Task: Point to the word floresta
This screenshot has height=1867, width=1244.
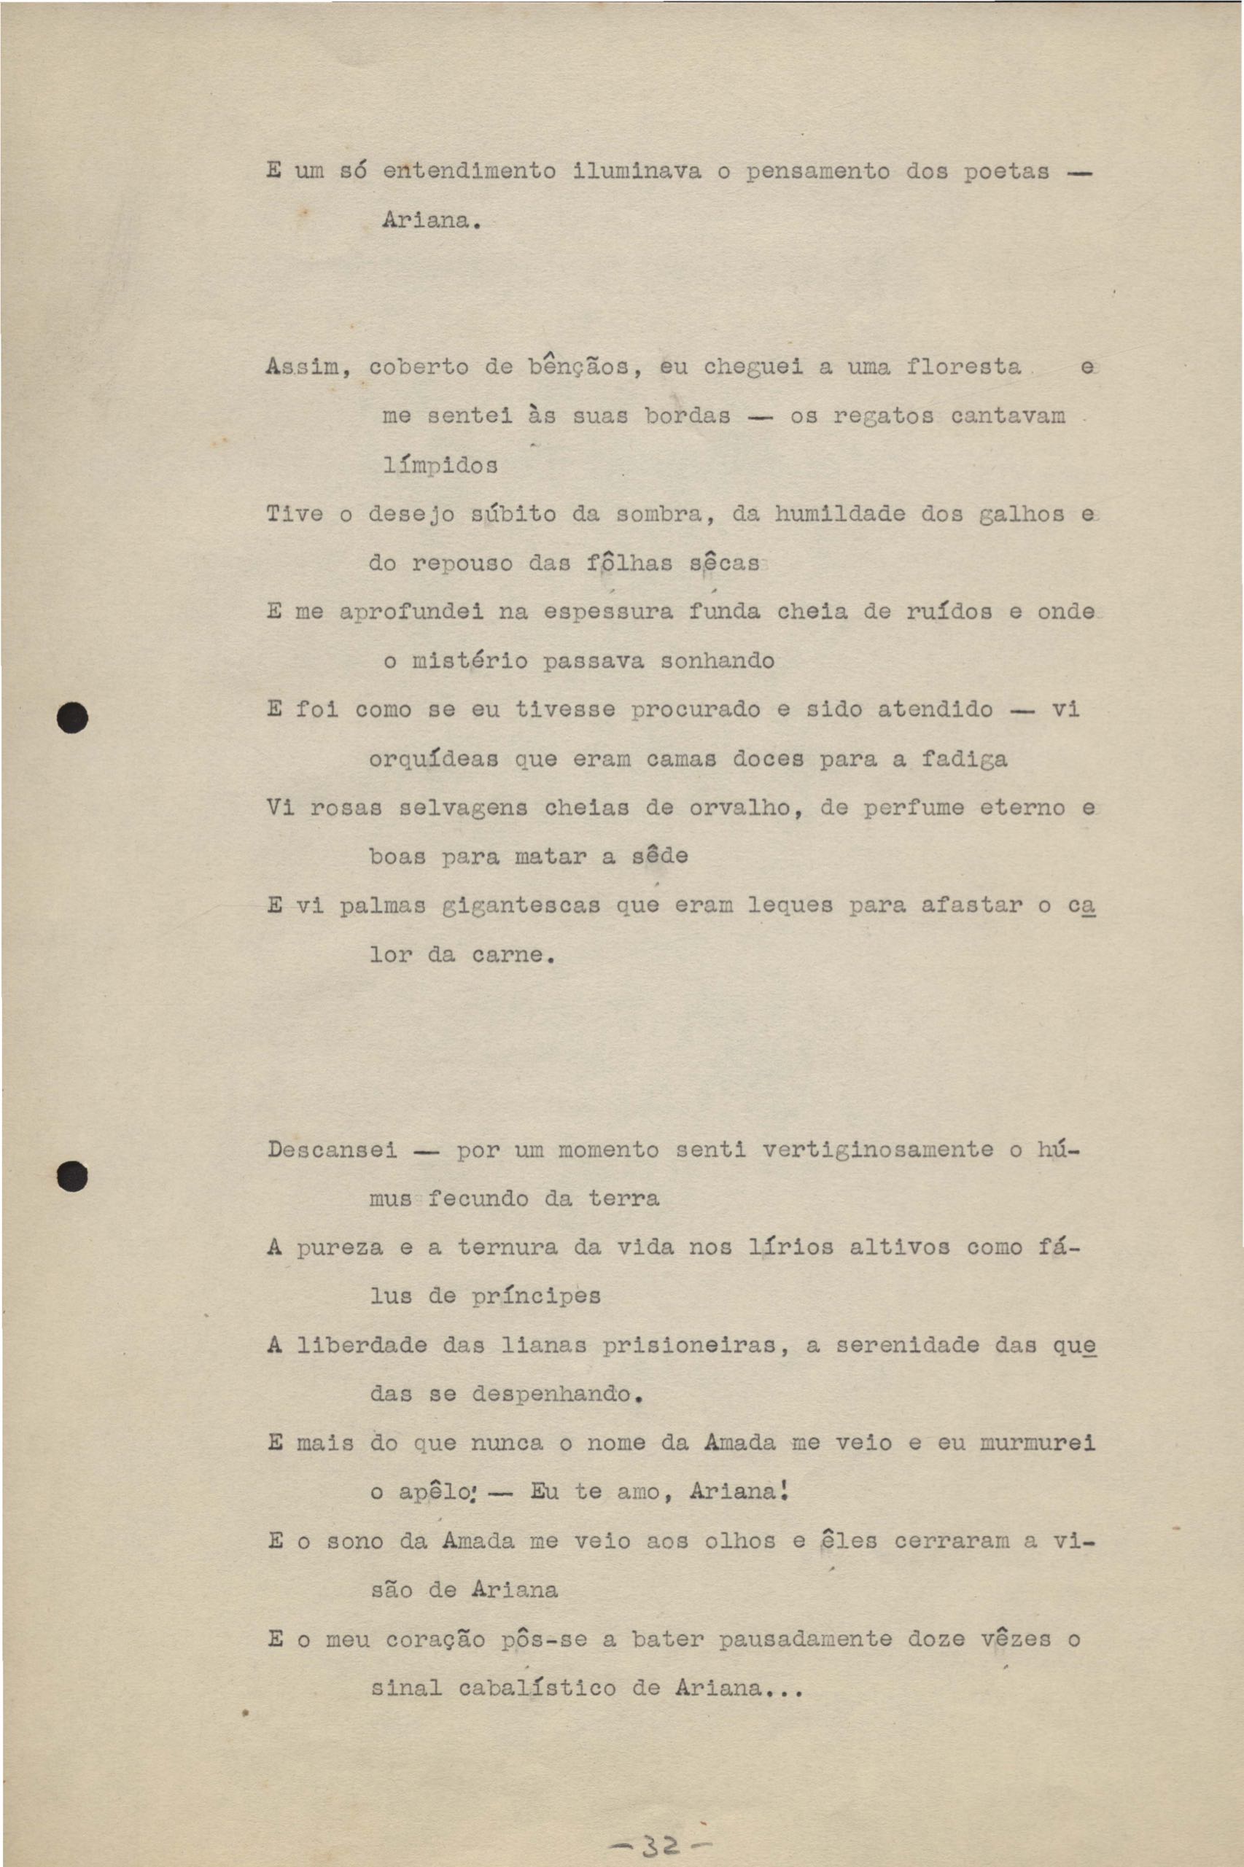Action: pyautogui.click(x=963, y=367)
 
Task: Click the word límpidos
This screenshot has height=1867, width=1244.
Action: pyautogui.click(x=440, y=466)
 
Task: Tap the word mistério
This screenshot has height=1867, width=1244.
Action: pyautogui.click(x=470, y=661)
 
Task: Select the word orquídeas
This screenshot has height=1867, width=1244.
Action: pyautogui.click(x=434, y=760)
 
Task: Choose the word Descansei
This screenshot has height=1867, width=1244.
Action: pyautogui.click(x=333, y=1150)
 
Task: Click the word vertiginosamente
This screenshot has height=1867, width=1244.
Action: pyautogui.click(x=877, y=1150)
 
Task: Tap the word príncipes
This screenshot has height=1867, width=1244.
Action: pyautogui.click(x=536, y=1298)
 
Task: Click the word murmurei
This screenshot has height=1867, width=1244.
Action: pyautogui.click(x=1037, y=1443)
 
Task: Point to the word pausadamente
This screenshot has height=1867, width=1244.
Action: pyautogui.click(x=805, y=1640)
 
